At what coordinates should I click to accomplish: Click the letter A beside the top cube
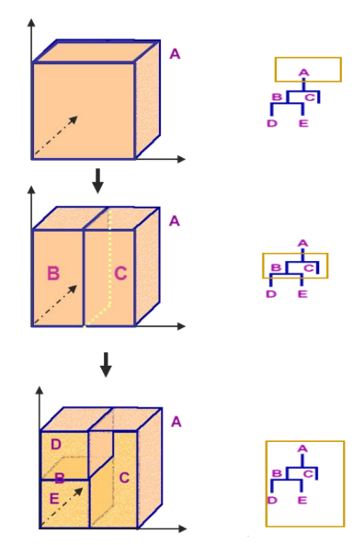pyautogui.click(x=175, y=54)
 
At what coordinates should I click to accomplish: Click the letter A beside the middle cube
pyautogui.click(x=175, y=221)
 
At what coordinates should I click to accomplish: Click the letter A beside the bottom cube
pyautogui.click(x=176, y=422)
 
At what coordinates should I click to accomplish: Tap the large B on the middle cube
pyautogui.click(x=53, y=273)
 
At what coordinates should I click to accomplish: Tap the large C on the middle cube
pyautogui.click(x=120, y=273)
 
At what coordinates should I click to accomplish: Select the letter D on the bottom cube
pyautogui.click(x=56, y=445)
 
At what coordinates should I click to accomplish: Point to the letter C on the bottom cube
pyautogui.click(x=123, y=478)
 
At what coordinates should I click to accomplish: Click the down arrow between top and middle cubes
pyautogui.click(x=97, y=180)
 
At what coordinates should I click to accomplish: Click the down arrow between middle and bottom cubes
pyautogui.click(x=106, y=364)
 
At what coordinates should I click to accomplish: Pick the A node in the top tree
pyautogui.click(x=303, y=72)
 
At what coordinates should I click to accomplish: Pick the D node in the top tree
pyautogui.click(x=271, y=123)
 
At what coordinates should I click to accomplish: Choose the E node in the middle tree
pyautogui.click(x=301, y=294)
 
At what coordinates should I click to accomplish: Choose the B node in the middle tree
pyautogui.click(x=276, y=268)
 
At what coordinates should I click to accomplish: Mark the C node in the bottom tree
pyautogui.click(x=310, y=474)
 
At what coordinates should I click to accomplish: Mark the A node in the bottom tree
pyautogui.click(x=302, y=449)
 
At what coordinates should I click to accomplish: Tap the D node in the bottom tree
pyautogui.click(x=271, y=500)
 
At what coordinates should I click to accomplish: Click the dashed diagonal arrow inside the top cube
pyautogui.click(x=56, y=134)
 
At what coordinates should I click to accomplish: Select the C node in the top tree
pyautogui.click(x=310, y=97)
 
